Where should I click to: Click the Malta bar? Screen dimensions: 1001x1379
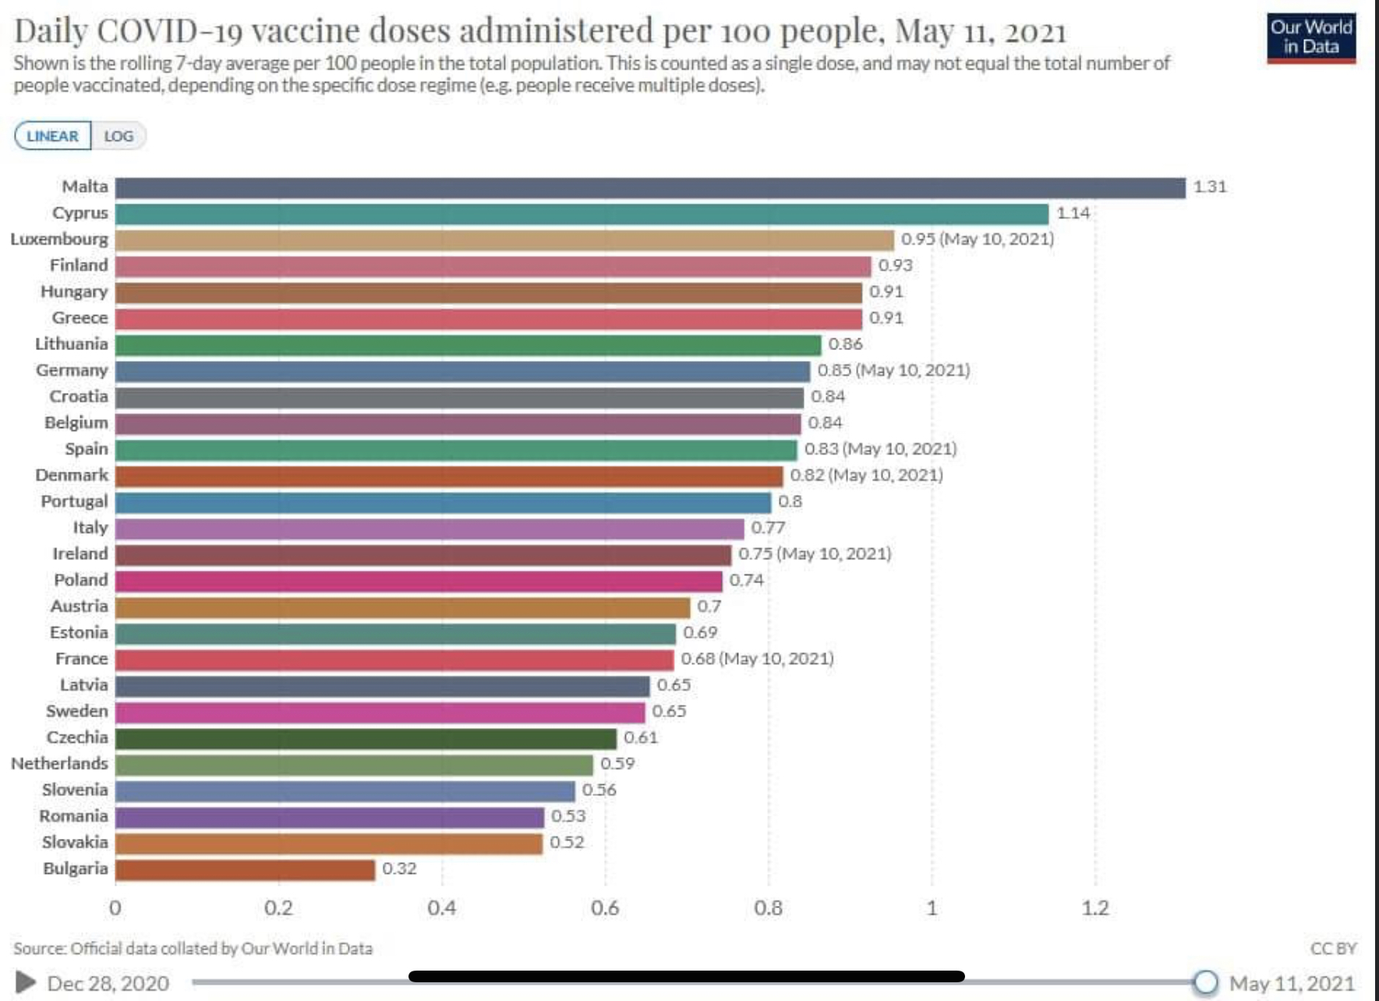coord(650,188)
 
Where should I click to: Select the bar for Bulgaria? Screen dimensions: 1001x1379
coord(245,869)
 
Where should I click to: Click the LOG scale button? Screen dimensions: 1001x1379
coord(118,136)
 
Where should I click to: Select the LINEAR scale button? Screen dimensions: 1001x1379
coord(53,136)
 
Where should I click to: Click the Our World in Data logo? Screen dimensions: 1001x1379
coord(1311,37)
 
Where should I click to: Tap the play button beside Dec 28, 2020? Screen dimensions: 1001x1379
coord(26,982)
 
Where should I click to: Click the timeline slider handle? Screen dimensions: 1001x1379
coord(1205,982)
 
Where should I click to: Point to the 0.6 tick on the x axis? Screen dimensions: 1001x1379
coord(605,908)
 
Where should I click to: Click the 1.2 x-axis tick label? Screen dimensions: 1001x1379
coord(1094,908)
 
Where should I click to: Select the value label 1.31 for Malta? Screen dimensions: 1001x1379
coord(1210,187)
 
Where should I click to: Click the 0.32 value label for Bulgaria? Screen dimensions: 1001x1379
coord(399,868)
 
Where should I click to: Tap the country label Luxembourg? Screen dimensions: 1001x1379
coord(59,239)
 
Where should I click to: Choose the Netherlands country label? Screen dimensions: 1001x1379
coord(59,764)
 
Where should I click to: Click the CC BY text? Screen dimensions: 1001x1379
coord(1333,949)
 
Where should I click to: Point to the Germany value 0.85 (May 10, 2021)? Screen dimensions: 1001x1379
coord(893,370)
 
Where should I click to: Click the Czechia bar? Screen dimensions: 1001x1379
coord(366,738)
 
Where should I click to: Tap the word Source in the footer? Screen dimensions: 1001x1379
coord(39,949)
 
